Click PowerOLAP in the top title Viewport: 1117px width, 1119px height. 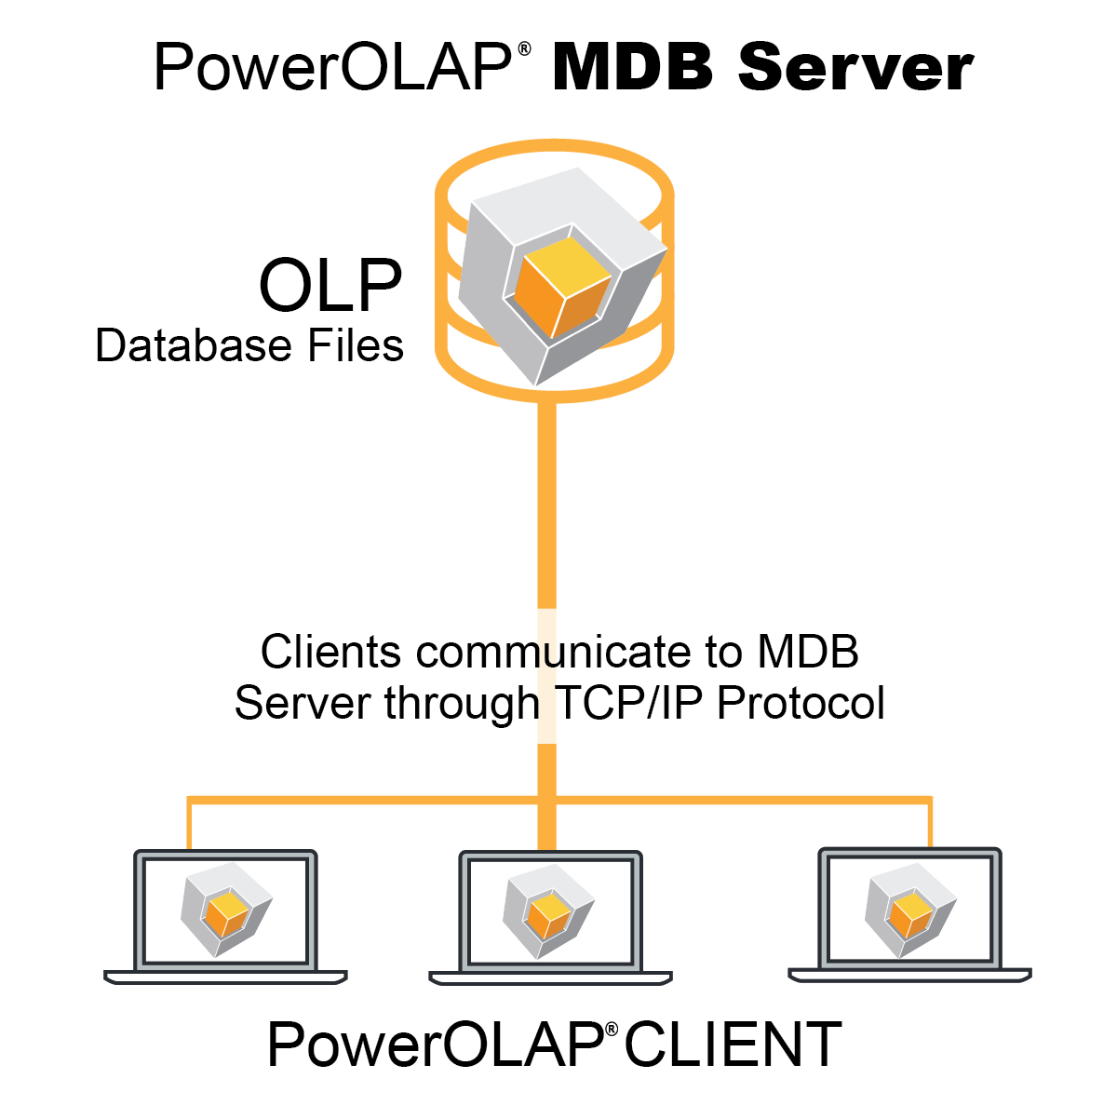point(332,67)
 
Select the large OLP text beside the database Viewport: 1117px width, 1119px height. point(330,285)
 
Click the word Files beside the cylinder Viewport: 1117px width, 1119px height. point(355,345)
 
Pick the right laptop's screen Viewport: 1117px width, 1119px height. point(909,909)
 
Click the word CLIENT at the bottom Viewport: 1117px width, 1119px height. point(733,1045)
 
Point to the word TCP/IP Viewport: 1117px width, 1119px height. point(631,703)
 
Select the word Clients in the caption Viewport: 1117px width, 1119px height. point(331,652)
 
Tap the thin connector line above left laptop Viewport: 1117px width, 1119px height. point(189,824)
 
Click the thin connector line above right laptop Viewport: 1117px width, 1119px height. point(930,823)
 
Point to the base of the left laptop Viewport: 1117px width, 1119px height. point(225,977)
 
